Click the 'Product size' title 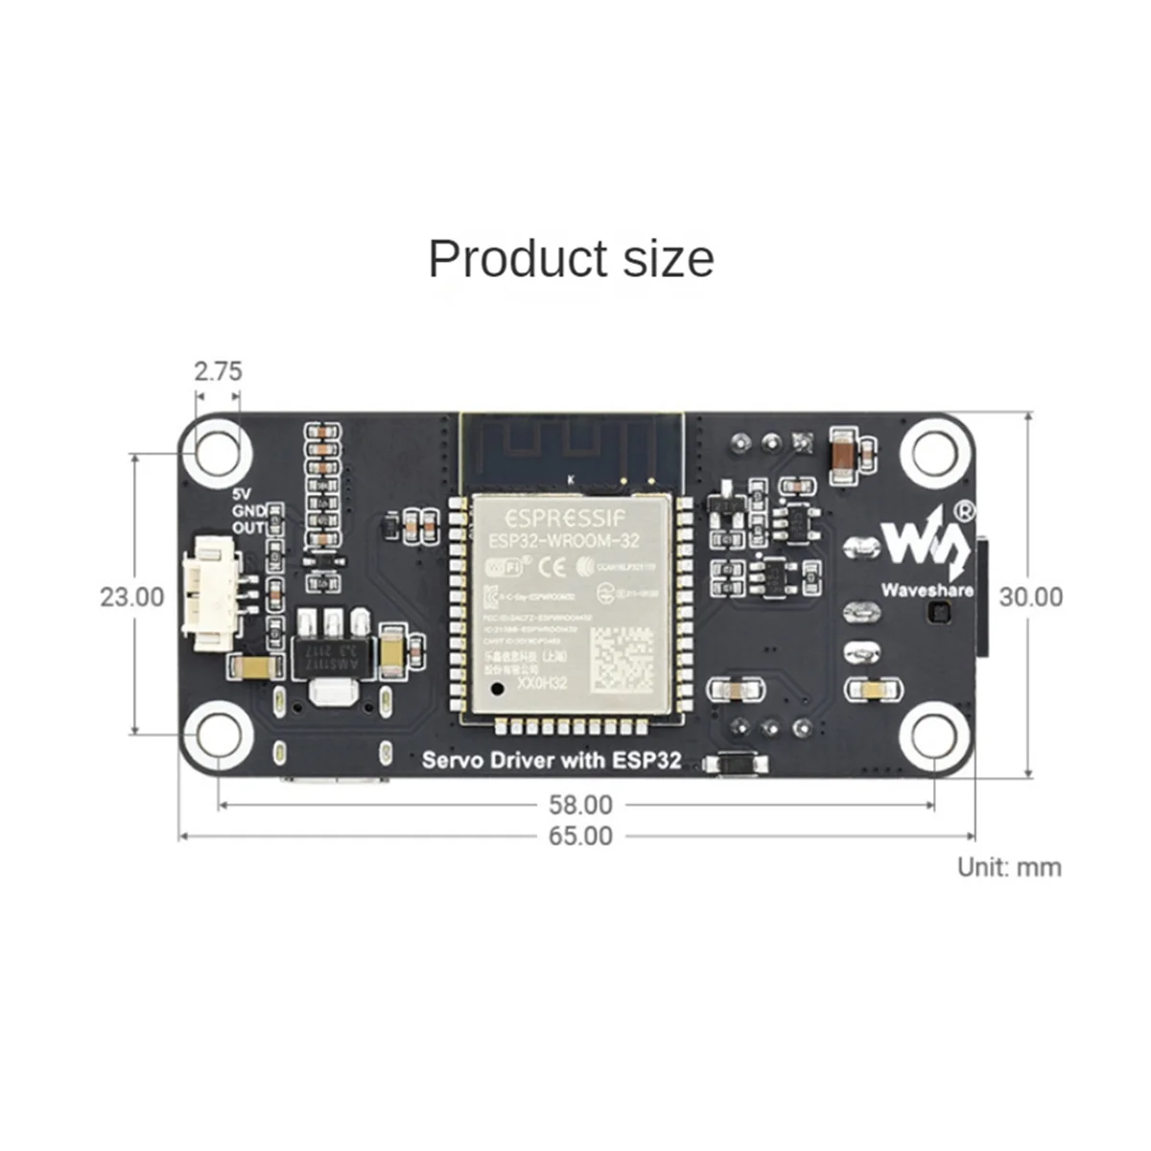point(572,259)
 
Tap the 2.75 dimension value point(218,370)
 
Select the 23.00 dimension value point(132,597)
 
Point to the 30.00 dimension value point(1031,597)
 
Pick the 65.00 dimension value point(579,836)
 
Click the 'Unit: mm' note point(1009,867)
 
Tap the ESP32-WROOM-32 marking point(564,541)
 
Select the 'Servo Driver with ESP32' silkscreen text point(552,761)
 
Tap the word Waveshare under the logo point(927,590)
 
